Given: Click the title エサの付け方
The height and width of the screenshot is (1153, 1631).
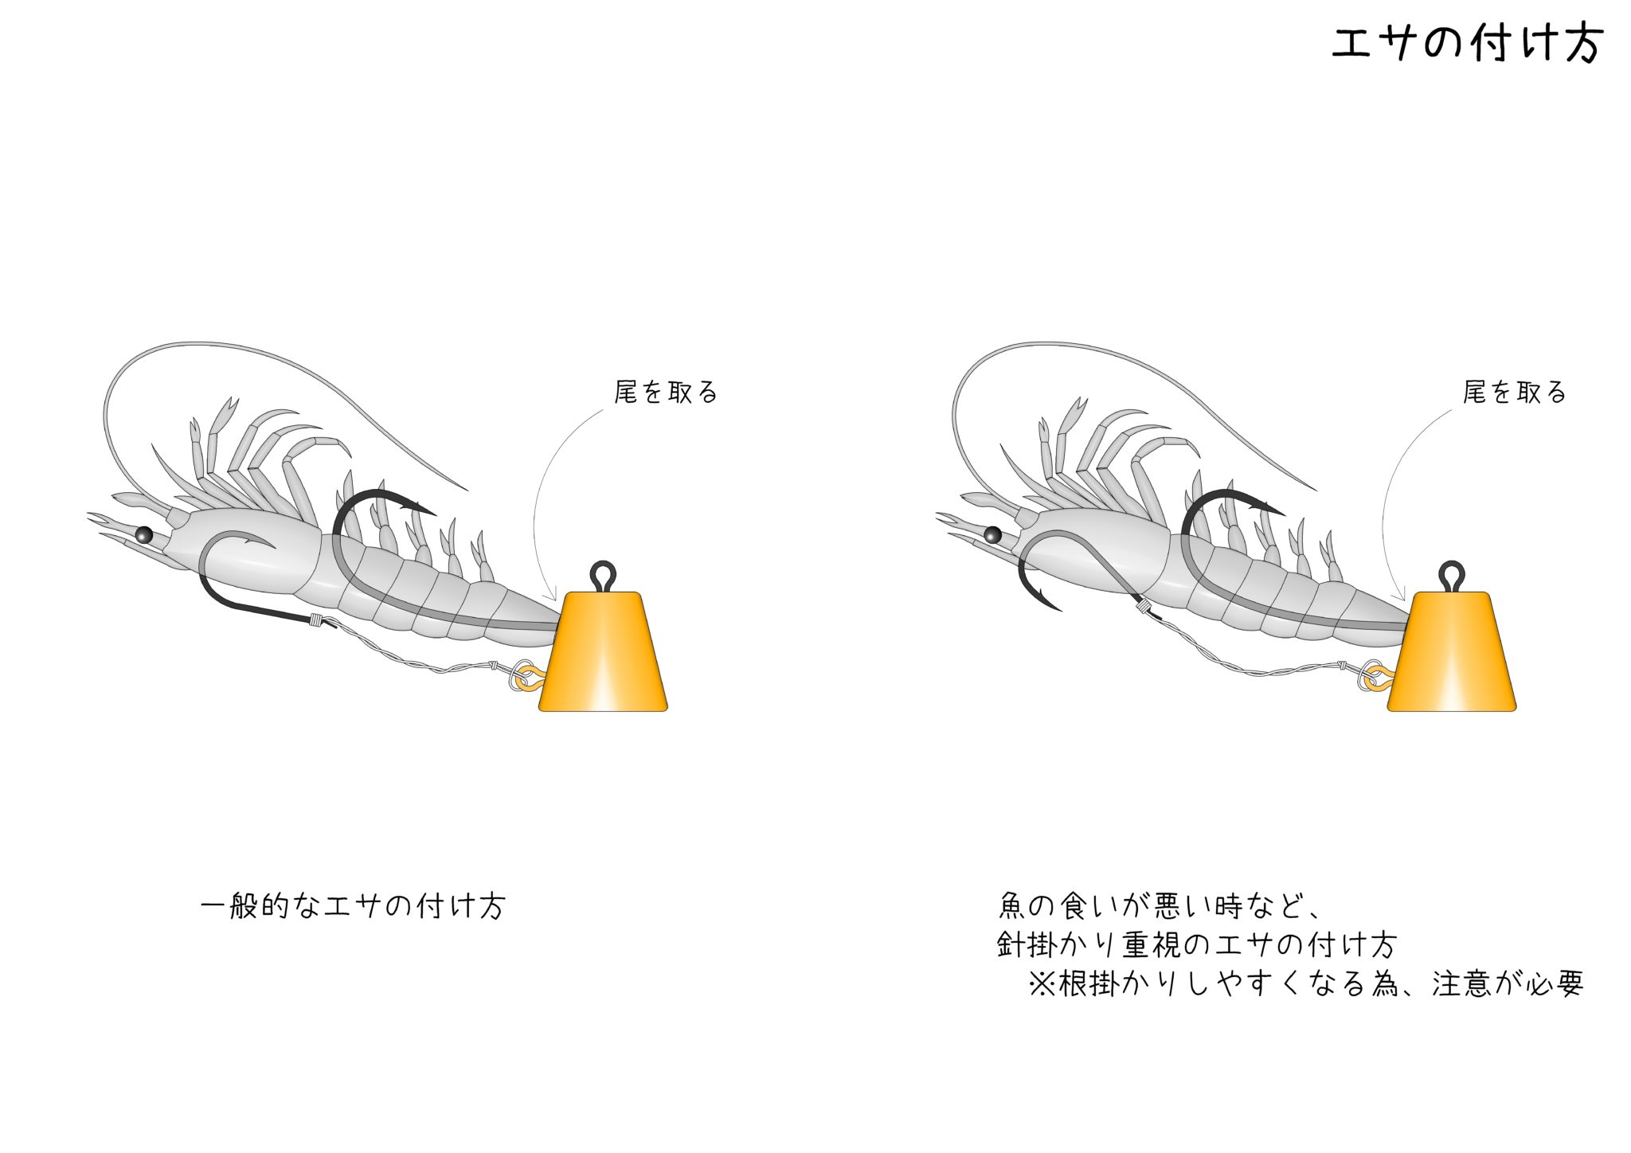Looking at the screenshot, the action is (x=1467, y=43).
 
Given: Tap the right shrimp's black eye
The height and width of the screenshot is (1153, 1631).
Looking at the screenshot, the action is (x=992, y=534).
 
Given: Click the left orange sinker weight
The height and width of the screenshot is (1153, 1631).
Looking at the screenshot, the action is (x=603, y=651).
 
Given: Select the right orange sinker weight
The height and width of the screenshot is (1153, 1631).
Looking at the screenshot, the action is (x=1452, y=651).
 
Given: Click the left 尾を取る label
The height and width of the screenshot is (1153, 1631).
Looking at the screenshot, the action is (x=667, y=392).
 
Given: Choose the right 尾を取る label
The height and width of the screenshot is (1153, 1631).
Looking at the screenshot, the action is (x=1515, y=392).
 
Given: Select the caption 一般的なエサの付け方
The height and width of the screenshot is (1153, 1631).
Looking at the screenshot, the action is (x=353, y=906).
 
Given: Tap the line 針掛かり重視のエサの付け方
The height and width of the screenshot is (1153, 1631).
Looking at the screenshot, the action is (x=1196, y=944).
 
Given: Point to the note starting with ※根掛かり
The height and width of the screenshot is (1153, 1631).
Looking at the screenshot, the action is (x=1305, y=983).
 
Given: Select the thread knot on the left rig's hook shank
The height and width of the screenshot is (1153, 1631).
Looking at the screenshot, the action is (x=317, y=620).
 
